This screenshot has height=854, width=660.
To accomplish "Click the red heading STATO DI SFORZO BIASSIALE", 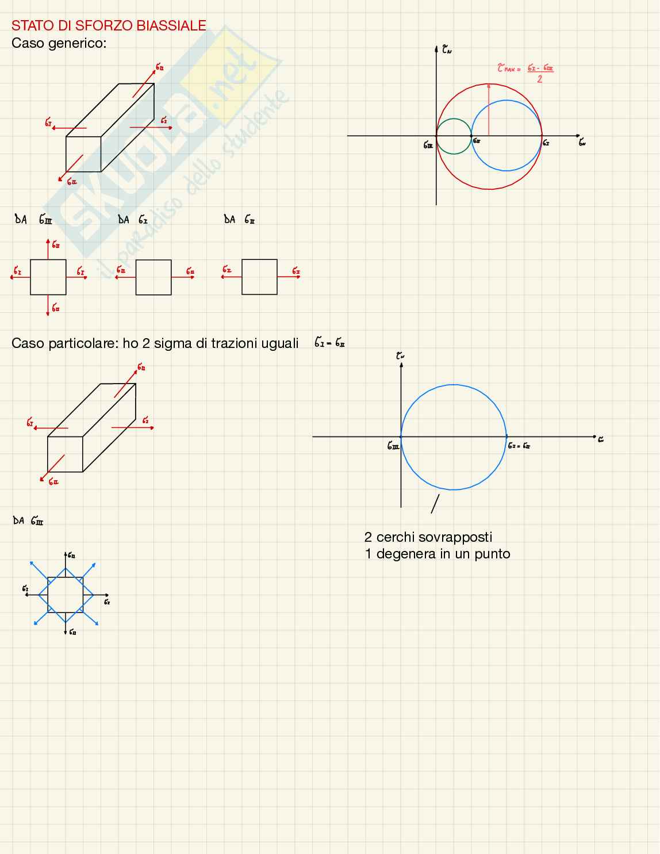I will pyautogui.click(x=109, y=26).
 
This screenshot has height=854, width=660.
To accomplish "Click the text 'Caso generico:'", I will pyautogui.click(x=59, y=43).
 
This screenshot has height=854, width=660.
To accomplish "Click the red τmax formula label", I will pyautogui.click(x=525, y=72).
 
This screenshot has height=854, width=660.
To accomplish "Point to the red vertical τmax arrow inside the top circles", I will pyautogui.click(x=489, y=109).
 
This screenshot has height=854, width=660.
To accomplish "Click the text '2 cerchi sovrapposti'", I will pyautogui.click(x=428, y=537).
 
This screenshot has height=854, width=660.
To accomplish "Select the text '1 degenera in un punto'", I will pyautogui.click(x=438, y=554).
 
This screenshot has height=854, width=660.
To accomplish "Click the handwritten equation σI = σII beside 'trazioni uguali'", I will pyautogui.click(x=329, y=343).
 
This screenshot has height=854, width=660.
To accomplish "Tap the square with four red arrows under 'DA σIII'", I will pyautogui.click(x=48, y=277).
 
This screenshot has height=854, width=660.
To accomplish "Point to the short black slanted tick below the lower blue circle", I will pyautogui.click(x=435, y=504).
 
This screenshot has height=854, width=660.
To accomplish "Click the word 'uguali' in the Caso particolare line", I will pyautogui.click(x=279, y=343).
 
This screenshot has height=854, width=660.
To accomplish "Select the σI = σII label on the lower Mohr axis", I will pyautogui.click(x=519, y=446).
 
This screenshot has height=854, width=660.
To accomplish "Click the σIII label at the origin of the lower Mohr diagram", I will pyautogui.click(x=393, y=446).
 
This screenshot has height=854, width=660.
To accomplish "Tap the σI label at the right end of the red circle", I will pyautogui.click(x=546, y=143).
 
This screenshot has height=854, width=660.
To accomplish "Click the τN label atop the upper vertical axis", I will pyautogui.click(x=447, y=50).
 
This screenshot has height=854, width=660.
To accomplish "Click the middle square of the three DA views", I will pyautogui.click(x=154, y=277).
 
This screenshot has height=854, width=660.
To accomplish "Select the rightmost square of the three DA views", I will pyautogui.click(x=259, y=277).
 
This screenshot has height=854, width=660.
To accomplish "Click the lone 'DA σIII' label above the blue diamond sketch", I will pyautogui.click(x=28, y=521).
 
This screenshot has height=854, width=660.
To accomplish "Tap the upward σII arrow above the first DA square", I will pyautogui.click(x=48, y=248).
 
